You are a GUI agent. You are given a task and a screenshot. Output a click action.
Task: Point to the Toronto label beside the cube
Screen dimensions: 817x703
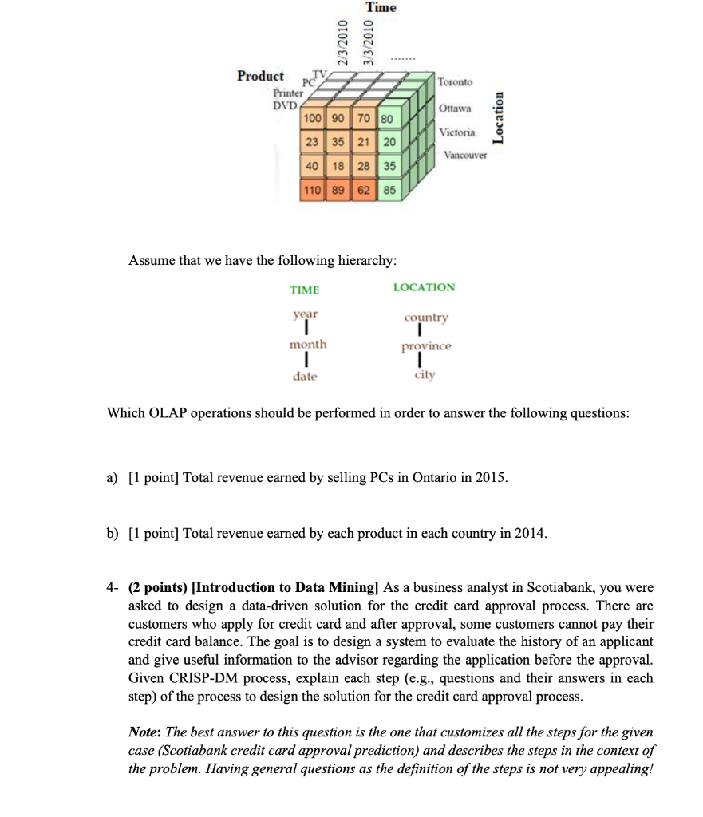click(455, 82)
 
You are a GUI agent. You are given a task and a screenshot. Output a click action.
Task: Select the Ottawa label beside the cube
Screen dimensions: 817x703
click(455, 108)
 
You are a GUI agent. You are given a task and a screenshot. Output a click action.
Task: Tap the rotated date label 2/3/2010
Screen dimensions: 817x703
click(342, 41)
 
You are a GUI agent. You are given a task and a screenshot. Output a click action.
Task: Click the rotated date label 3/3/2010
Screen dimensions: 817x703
click(369, 41)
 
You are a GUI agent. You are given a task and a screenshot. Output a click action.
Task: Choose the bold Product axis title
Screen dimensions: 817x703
click(260, 76)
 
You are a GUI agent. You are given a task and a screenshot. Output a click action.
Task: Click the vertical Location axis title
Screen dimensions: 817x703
click(500, 117)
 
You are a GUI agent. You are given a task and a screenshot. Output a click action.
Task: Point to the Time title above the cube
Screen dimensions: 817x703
click(381, 7)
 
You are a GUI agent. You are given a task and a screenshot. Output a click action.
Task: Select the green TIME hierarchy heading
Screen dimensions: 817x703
click(305, 290)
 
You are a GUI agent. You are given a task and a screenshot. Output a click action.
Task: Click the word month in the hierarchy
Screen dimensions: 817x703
click(308, 345)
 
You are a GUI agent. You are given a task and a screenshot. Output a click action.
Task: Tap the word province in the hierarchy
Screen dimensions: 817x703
click(426, 346)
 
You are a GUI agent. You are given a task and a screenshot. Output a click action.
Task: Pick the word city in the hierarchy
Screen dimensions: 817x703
click(425, 375)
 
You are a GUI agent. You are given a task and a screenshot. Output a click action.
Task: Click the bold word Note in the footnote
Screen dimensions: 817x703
click(145, 732)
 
